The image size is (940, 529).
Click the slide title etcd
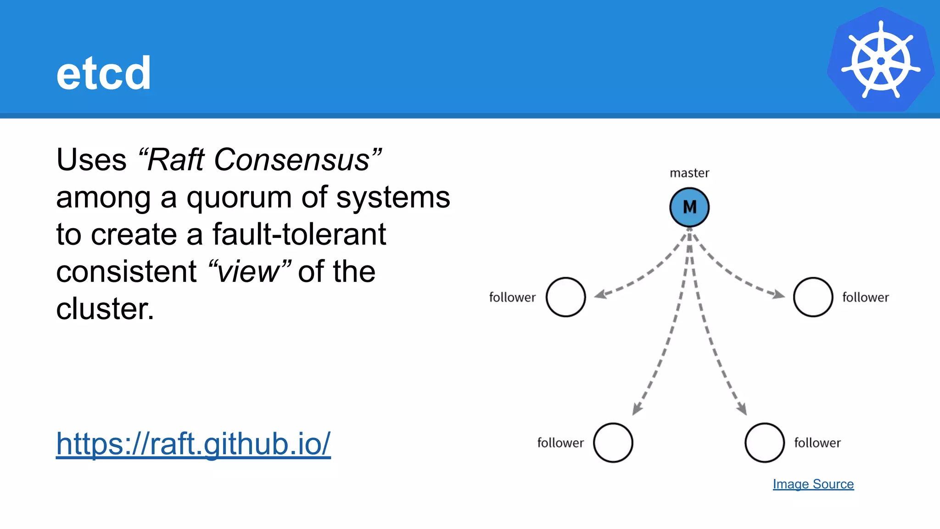(104, 73)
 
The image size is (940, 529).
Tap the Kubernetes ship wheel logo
(880, 60)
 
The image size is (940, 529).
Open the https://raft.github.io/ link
(193, 444)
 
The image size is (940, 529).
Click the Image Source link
(813, 484)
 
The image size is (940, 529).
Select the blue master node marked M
(689, 207)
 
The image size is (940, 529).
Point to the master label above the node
(689, 173)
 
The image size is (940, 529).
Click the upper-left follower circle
(565, 297)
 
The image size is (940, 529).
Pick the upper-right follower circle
(813, 297)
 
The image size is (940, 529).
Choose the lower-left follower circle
(613, 443)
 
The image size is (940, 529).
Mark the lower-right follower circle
(764, 443)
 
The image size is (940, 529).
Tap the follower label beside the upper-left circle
(512, 298)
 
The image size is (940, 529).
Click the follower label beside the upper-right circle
(865, 298)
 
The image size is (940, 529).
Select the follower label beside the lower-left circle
(560, 443)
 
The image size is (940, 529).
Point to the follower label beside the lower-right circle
(817, 443)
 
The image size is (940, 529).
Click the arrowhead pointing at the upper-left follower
(600, 294)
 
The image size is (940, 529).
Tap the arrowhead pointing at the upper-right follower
(779, 294)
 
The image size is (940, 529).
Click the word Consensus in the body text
(292, 160)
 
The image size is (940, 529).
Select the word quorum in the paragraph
(239, 197)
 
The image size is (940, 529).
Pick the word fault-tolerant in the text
(299, 235)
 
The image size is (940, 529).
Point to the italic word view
(249, 272)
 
